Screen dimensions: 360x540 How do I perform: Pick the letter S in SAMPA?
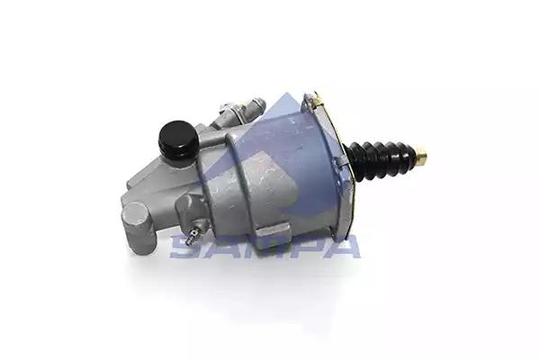185,247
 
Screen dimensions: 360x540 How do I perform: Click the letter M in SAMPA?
260,247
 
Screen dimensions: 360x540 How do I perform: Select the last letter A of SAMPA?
339,247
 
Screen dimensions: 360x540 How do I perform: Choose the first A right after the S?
222,247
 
